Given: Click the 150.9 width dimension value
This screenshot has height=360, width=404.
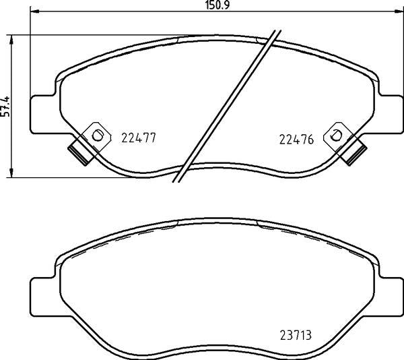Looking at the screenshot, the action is (x=217, y=5).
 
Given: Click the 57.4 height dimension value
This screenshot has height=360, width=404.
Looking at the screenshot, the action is (x=5, y=107).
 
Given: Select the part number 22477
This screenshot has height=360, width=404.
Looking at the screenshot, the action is (x=139, y=138).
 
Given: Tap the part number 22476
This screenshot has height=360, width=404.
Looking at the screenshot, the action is (x=296, y=140).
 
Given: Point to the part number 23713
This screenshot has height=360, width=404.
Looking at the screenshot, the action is (x=296, y=335).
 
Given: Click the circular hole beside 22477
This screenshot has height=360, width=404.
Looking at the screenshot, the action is (x=97, y=136).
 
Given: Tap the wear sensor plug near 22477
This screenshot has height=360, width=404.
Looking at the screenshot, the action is (x=80, y=154).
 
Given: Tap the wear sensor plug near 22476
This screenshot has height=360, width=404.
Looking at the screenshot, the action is (x=353, y=154).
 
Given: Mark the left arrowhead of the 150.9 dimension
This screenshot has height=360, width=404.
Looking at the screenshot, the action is (x=34, y=11).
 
